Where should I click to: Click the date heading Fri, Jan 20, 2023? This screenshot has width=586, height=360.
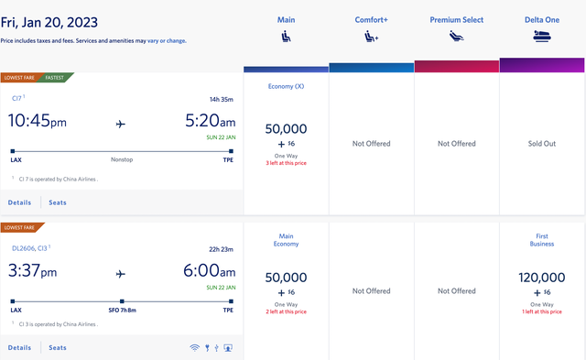click(x=50, y=21)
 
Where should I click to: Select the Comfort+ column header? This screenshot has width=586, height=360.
click(x=371, y=19)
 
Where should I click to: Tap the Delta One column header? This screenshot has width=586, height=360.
click(x=542, y=19)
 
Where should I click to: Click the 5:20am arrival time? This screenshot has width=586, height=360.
click(x=211, y=120)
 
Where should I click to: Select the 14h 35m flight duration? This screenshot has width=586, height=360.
click(x=220, y=98)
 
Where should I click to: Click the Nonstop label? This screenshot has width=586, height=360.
click(x=124, y=158)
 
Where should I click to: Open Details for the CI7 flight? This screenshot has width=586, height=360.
click(x=19, y=202)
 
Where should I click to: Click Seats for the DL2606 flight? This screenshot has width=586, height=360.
click(x=58, y=347)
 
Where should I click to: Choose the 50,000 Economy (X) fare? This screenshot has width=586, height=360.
click(x=286, y=129)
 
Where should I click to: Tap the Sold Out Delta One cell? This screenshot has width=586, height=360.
click(x=542, y=144)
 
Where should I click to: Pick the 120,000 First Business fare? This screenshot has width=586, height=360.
click(x=542, y=276)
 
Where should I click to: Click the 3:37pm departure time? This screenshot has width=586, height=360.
click(x=33, y=271)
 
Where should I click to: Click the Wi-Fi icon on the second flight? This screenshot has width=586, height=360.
click(x=194, y=347)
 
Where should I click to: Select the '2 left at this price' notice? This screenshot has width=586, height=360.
click(x=286, y=312)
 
